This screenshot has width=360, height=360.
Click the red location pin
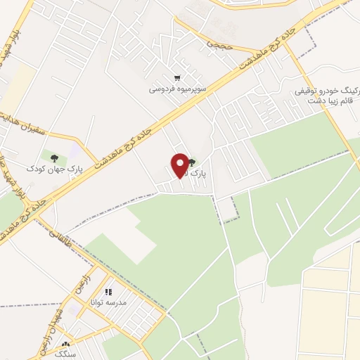[x=180, y=165]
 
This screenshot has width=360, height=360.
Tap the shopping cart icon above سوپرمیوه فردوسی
[x=176, y=78]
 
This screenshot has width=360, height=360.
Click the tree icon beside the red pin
[x=192, y=163]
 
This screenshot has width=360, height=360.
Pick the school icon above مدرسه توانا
[x=108, y=291]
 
